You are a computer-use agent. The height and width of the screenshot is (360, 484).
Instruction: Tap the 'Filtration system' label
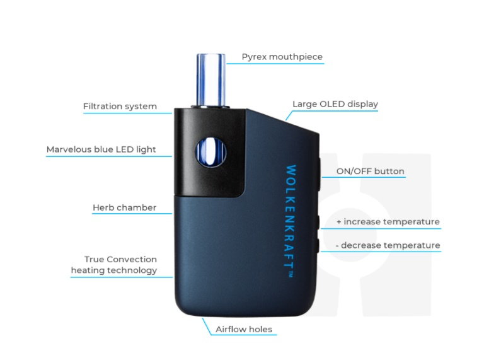[x=120, y=106]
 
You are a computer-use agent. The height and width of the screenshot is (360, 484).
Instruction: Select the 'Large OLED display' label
[x=335, y=104]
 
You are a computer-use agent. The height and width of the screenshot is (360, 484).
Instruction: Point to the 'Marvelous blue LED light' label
[x=101, y=150]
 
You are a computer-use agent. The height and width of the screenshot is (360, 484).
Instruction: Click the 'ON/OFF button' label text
[x=370, y=171]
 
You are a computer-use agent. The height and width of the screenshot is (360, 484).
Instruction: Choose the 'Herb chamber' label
[x=124, y=207]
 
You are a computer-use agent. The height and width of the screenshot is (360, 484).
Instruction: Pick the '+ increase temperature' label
[x=388, y=222]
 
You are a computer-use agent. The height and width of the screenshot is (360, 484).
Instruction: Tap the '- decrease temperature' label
[x=387, y=245]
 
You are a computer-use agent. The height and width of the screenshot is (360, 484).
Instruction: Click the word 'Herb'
[x=103, y=207]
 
